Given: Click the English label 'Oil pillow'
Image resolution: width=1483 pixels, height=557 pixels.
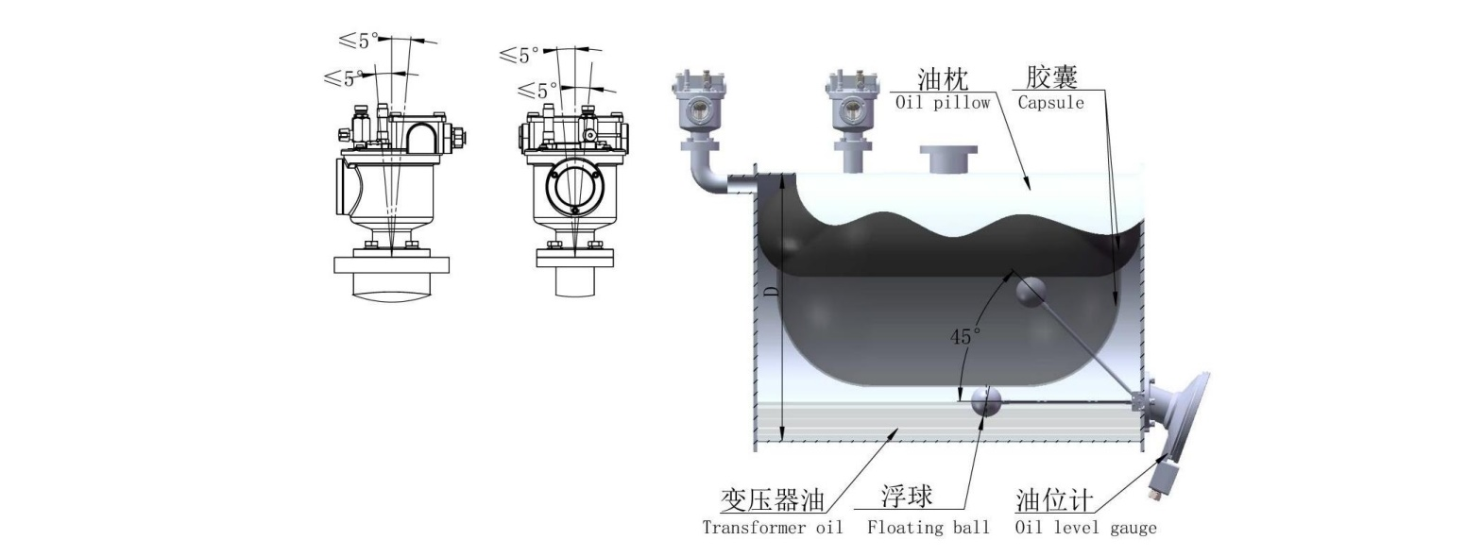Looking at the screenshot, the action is [942, 103].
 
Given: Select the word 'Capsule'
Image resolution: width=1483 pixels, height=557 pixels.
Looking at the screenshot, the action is [1050, 103].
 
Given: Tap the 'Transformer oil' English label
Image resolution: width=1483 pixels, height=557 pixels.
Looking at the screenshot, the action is [773, 527].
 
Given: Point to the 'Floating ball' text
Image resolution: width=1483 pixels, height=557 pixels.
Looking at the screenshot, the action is [929, 527].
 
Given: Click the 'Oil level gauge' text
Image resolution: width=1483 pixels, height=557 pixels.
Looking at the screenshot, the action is [1085, 527].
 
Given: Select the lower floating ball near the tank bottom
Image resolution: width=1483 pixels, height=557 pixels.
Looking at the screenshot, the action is [986, 402].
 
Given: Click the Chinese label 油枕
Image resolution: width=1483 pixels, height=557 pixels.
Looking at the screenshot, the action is [943, 79].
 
